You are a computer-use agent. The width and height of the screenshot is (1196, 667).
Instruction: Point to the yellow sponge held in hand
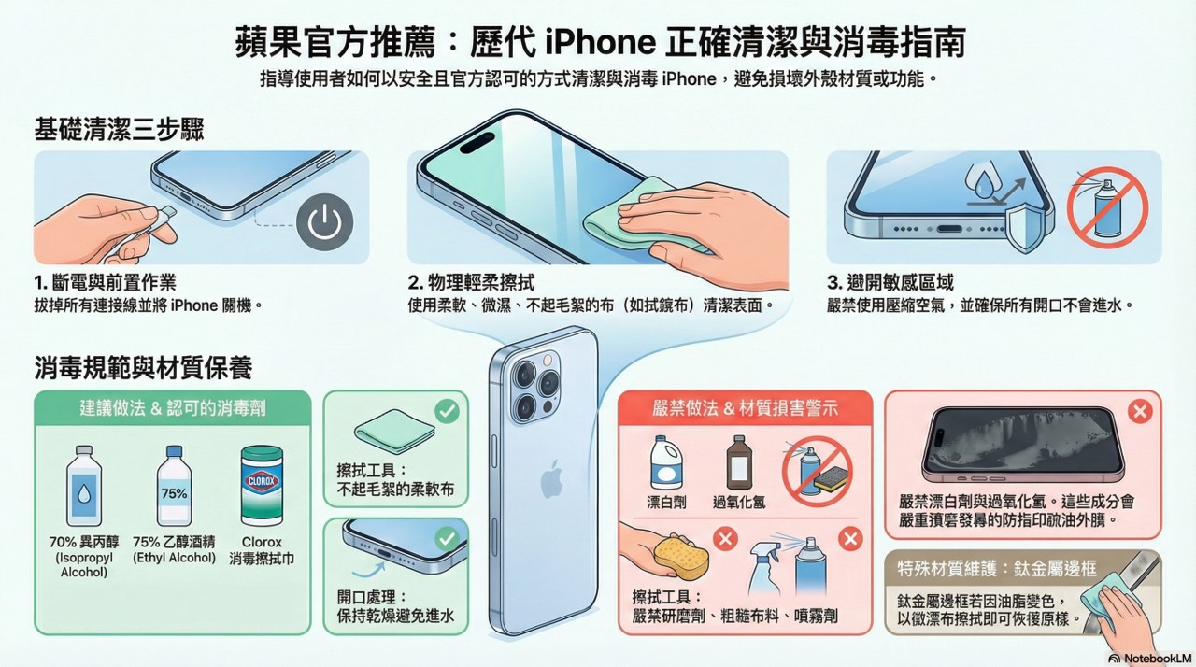(680, 557)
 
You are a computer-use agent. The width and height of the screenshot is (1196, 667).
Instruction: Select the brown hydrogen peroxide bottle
(738, 463)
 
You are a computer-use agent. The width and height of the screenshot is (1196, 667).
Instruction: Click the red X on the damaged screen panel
(1139, 411)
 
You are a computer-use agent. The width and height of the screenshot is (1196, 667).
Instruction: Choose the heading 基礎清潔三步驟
(119, 129)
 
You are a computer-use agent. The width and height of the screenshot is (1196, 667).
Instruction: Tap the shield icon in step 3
(1026, 227)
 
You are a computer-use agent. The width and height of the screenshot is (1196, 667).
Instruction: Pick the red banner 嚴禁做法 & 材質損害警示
(745, 408)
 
